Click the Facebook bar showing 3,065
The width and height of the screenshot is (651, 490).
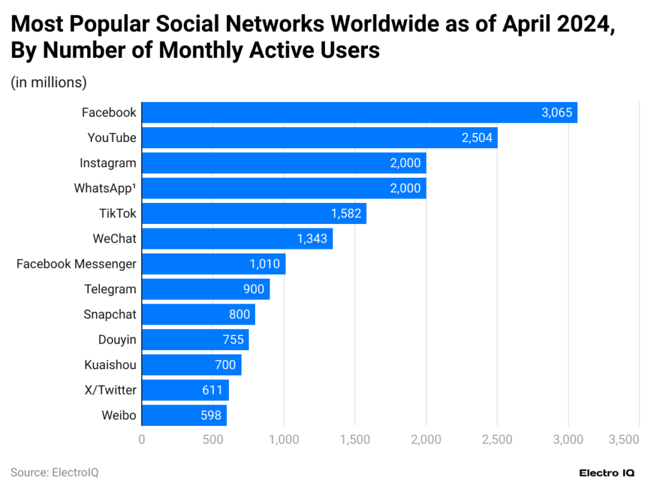pyautogui.click(x=359, y=113)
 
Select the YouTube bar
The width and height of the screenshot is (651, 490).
pyautogui.click(x=319, y=137)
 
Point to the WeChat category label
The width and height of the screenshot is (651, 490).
pyautogui.click(x=114, y=239)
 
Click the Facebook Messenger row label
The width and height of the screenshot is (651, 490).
pyautogui.click(x=76, y=263)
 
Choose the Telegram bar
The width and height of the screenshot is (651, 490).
pyautogui.click(x=205, y=289)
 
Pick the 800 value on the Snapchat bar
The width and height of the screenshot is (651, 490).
pyautogui.click(x=240, y=314)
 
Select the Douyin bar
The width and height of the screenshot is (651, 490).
pyautogui.click(x=195, y=339)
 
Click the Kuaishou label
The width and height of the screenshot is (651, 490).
pyautogui.click(x=110, y=365)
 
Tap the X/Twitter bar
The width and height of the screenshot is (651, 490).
pyautogui.click(x=184, y=390)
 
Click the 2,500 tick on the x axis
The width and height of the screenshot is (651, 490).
pyautogui.click(x=497, y=439)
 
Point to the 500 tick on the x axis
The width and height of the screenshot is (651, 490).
pyautogui.click(x=212, y=439)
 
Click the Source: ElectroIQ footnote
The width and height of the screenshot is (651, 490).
pyautogui.click(x=55, y=472)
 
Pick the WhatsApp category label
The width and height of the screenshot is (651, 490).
pyautogui.click(x=105, y=188)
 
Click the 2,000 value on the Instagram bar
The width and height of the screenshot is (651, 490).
pyautogui.click(x=406, y=163)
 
